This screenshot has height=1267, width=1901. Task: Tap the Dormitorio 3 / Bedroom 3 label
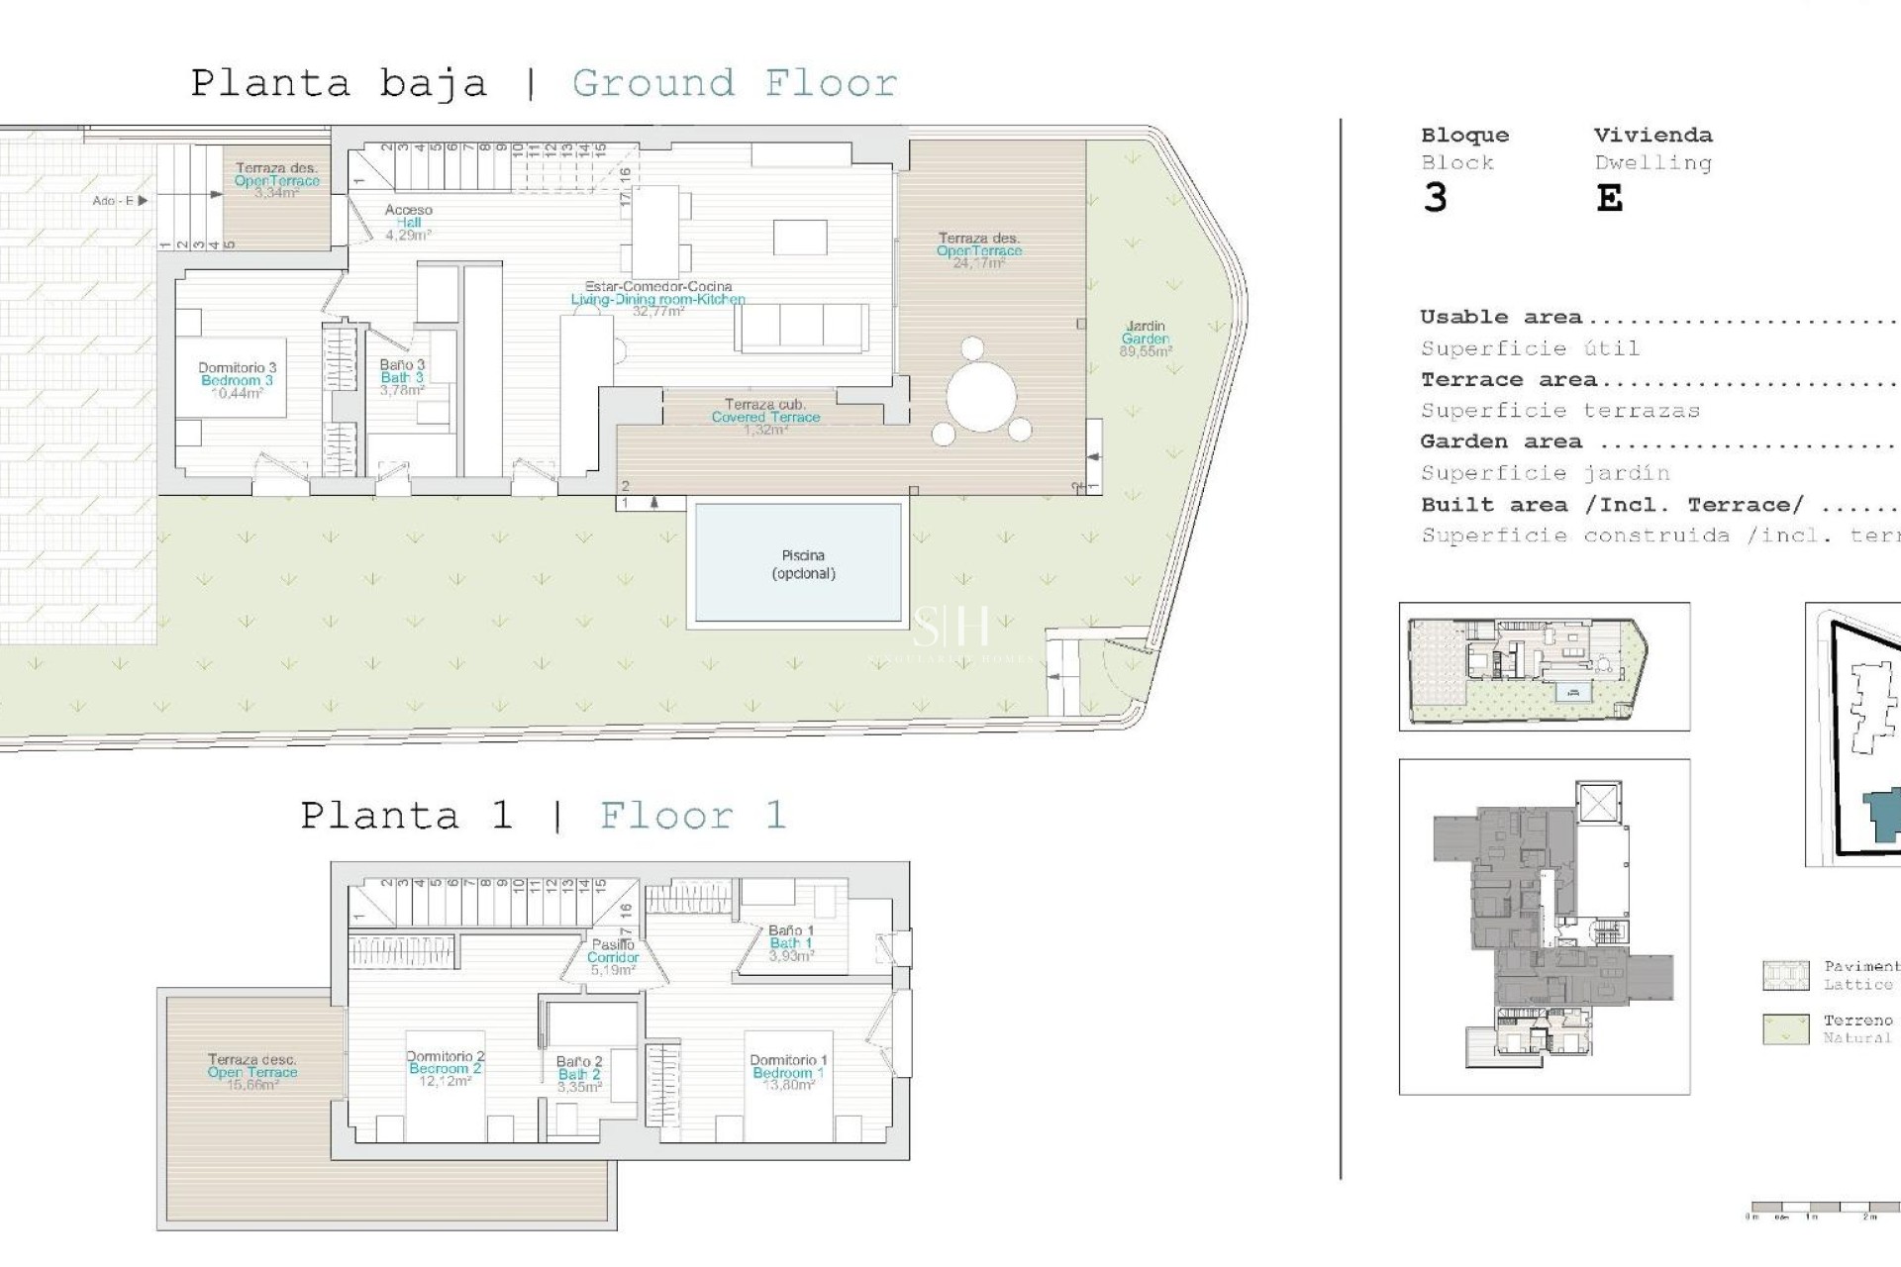237,380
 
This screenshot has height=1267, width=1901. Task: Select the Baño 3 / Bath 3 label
402,377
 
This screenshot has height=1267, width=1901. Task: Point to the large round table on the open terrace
980,397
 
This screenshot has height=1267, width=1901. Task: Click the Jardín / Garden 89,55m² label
1146,339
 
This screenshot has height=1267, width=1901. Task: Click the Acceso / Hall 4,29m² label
409,223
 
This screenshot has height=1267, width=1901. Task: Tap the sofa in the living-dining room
802,328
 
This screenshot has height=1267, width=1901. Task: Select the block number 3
1436,198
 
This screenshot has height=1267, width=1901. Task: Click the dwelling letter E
1610,199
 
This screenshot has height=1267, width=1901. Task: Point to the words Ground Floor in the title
735,83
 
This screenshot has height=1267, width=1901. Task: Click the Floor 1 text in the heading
693,816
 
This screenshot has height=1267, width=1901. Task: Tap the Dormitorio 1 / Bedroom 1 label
788,1072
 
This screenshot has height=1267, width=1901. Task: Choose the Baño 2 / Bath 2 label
579,1074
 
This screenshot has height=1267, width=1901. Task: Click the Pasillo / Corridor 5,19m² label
613,957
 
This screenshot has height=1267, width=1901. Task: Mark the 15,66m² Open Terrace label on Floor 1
251,1072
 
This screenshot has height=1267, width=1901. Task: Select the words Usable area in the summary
1500,317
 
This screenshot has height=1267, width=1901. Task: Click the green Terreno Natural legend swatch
1786,1028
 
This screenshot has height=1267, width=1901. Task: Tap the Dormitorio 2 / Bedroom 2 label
446,1068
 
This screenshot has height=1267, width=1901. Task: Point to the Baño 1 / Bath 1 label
791,943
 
